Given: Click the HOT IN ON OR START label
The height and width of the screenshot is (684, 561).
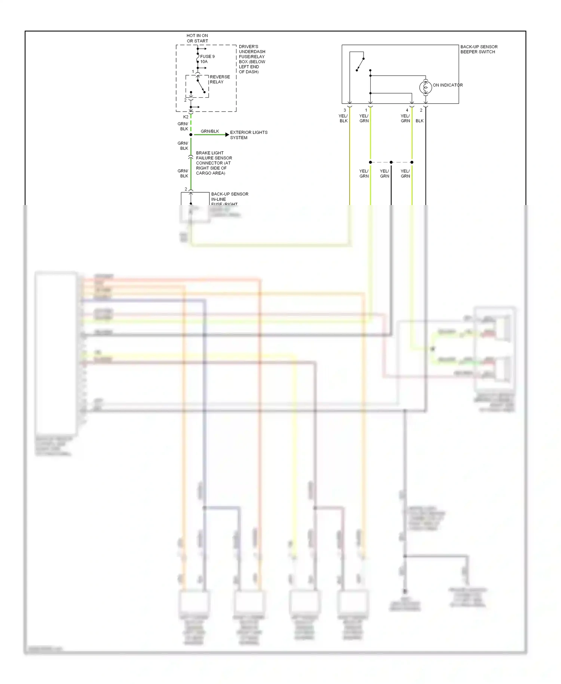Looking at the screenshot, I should (x=197, y=38).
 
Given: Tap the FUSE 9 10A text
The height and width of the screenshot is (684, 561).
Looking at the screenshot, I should (x=207, y=59).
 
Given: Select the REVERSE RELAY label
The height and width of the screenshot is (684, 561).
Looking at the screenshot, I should (x=220, y=79).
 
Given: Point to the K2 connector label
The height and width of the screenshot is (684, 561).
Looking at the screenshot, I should (x=186, y=117).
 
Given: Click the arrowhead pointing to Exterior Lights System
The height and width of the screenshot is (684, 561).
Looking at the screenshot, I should (x=227, y=135).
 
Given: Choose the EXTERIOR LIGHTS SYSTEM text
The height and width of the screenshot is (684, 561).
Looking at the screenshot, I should (x=248, y=135).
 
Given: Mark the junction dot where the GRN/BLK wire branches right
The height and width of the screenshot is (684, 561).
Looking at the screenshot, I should (x=191, y=135).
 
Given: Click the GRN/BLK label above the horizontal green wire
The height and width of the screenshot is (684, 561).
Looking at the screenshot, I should (x=210, y=131).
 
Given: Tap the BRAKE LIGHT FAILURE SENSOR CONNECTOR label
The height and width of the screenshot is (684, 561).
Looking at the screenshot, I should (x=214, y=163).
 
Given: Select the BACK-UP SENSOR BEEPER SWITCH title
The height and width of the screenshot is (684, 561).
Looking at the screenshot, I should (x=478, y=49).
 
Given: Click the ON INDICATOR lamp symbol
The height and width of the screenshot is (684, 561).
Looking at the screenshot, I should (x=426, y=88).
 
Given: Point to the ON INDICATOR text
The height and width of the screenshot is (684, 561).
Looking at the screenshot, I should (x=448, y=85).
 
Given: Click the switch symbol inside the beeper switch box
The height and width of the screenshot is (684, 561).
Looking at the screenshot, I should (x=360, y=64).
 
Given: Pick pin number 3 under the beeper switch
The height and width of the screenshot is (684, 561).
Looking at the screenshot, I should (x=345, y=110).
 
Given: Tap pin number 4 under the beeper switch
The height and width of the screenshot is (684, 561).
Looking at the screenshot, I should (x=407, y=110).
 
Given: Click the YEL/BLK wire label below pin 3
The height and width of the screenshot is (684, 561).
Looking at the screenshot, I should (x=343, y=119).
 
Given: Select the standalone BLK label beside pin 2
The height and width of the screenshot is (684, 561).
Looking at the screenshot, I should (x=420, y=121).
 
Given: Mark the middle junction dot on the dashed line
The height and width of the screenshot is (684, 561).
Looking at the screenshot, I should (x=391, y=162).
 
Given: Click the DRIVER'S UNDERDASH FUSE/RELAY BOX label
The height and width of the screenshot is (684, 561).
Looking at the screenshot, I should (x=252, y=59).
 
